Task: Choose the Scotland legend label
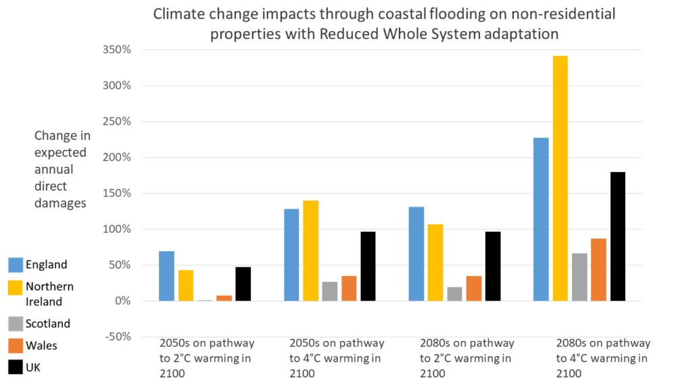click(x=47, y=323)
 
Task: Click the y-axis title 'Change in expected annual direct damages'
click(x=62, y=169)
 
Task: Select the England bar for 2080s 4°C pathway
click(x=541, y=219)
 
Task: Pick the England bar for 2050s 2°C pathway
click(x=166, y=276)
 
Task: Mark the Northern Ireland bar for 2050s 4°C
click(x=310, y=250)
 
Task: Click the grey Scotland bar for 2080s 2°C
click(x=454, y=294)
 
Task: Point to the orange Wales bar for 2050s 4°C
click(x=349, y=288)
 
